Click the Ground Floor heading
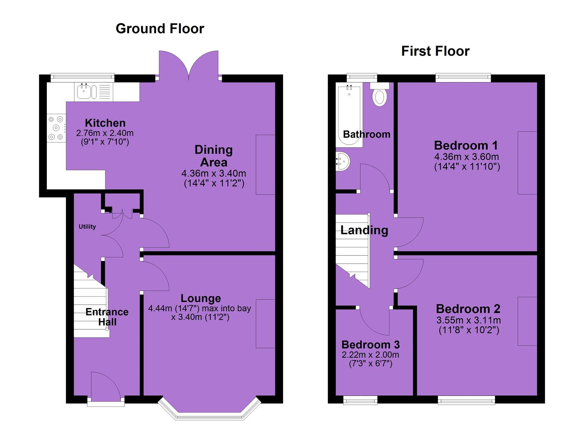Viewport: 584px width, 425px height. coord(160,28)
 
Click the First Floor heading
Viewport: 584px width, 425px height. coord(435,51)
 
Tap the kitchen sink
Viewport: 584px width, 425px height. coord(87,92)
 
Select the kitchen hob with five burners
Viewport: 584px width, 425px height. coord(56,128)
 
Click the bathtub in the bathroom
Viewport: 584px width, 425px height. coord(349,115)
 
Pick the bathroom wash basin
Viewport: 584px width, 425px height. coord(343,161)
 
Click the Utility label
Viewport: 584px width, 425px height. coord(87,226)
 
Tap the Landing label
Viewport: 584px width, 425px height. coord(364,230)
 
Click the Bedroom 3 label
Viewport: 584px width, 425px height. coord(370,345)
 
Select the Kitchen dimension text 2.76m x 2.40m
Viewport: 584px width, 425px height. coord(105,133)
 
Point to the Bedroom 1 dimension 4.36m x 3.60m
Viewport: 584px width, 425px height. coord(467,157)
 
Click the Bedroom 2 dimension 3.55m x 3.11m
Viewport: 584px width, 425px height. coord(468,320)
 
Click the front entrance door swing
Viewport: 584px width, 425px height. coord(106,386)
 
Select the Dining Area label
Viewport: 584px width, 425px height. coord(214,156)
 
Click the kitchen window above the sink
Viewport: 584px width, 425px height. coord(82,76)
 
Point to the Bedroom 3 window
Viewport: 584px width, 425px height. coord(360,400)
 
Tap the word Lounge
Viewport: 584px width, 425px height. coord(201,298)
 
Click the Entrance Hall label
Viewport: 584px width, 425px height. coord(107,317)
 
